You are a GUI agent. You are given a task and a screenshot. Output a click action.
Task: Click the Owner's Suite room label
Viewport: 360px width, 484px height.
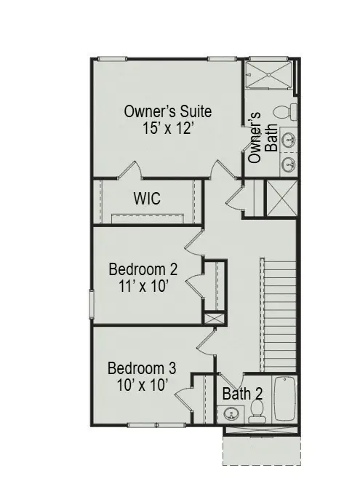[x=167, y=111]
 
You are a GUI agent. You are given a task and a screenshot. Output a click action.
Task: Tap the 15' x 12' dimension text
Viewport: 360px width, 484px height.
[x=168, y=128]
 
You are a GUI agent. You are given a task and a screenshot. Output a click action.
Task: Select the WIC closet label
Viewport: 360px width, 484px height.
[x=146, y=198]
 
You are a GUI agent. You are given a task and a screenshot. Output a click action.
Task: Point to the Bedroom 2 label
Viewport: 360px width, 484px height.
[x=143, y=269]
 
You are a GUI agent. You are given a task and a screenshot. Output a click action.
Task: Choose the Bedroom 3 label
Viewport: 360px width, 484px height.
[x=141, y=368]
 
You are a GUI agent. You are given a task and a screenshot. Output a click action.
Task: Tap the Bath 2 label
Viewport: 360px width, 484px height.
[x=242, y=394]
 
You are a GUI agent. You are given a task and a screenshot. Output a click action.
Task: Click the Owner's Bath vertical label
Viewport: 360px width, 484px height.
[x=262, y=138]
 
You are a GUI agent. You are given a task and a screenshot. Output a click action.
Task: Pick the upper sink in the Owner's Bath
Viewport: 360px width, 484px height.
[x=288, y=138]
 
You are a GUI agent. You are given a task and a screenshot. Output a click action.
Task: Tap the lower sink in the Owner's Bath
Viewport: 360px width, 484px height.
[x=288, y=164]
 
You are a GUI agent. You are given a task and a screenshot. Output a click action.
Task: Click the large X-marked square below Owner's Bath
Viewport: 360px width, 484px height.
[x=280, y=198]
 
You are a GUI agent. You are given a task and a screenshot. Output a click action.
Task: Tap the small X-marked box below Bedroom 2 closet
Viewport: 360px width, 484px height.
[x=215, y=319]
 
